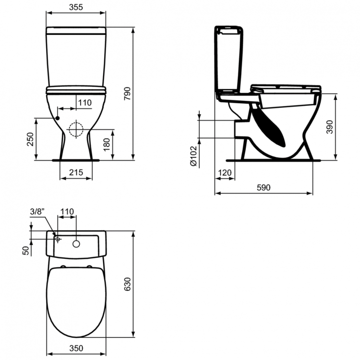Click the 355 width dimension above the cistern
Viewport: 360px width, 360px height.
pyautogui.click(x=76, y=8)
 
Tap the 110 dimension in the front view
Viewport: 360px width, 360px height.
pyautogui.click(x=84, y=102)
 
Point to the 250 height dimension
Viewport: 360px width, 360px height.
pyautogui.click(x=30, y=140)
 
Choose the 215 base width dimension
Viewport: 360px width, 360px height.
pyautogui.click(x=76, y=172)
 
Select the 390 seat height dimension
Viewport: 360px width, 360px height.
pyautogui.click(x=330, y=126)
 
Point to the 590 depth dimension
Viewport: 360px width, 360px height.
pyautogui.click(x=264, y=188)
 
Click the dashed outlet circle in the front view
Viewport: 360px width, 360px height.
pyautogui.click(x=75, y=130)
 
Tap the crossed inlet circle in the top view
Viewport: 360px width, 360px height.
pyautogui.click(x=57, y=239)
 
